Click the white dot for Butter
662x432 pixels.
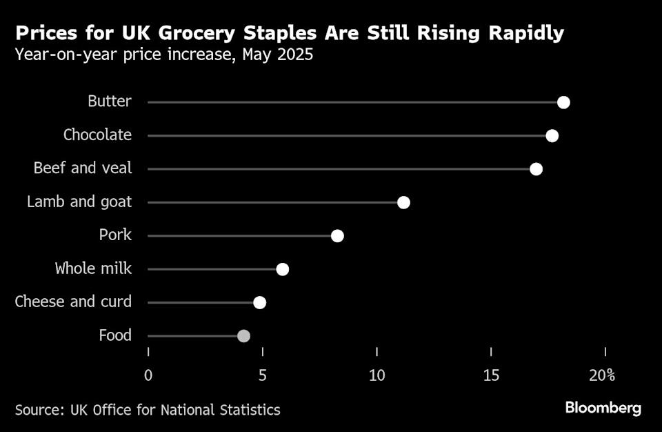tap(563, 103)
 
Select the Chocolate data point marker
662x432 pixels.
tap(552, 136)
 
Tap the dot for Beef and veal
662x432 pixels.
tap(536, 169)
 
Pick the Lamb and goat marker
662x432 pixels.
tap(403, 202)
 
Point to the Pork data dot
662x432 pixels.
tap(337, 236)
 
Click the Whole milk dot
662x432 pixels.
tap(282, 269)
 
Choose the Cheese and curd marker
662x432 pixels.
tap(259, 302)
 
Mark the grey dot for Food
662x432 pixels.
tap(243, 336)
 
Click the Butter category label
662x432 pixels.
tap(109, 101)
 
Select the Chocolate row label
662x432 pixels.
tap(97, 135)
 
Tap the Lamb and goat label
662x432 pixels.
tap(79, 202)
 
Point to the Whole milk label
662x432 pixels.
tap(93, 268)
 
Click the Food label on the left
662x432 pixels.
tap(115, 335)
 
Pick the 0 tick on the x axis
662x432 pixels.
tap(148, 375)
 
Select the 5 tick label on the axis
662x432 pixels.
tap(263, 375)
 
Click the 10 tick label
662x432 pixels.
tap(377, 375)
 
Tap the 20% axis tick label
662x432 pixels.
tap(602, 375)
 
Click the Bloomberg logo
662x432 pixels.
tap(603, 409)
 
